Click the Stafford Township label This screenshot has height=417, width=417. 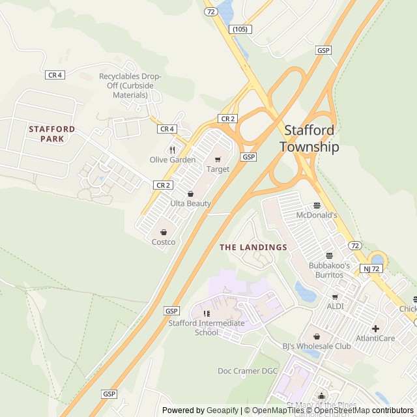point(309,138)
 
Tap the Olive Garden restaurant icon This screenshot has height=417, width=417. point(173,150)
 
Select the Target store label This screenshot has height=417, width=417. point(218,169)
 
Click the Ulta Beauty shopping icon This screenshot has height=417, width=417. point(190,194)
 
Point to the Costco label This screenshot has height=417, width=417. point(163,242)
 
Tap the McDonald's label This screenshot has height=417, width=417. point(317,215)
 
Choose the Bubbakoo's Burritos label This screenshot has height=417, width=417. point(329,270)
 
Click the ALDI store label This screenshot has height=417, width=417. point(336,306)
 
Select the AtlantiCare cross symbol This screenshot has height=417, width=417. point(375,328)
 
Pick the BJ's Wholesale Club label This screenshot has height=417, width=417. point(317,346)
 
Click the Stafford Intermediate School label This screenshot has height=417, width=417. point(207,328)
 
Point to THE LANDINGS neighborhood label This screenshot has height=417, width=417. point(253,248)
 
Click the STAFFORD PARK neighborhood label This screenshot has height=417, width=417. point(52,134)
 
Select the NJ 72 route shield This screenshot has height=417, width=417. point(370,268)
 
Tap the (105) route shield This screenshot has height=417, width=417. point(240,29)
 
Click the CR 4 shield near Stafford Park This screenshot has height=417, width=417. point(55,75)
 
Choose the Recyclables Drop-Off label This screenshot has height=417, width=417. point(130,85)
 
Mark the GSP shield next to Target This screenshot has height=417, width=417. point(248,157)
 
